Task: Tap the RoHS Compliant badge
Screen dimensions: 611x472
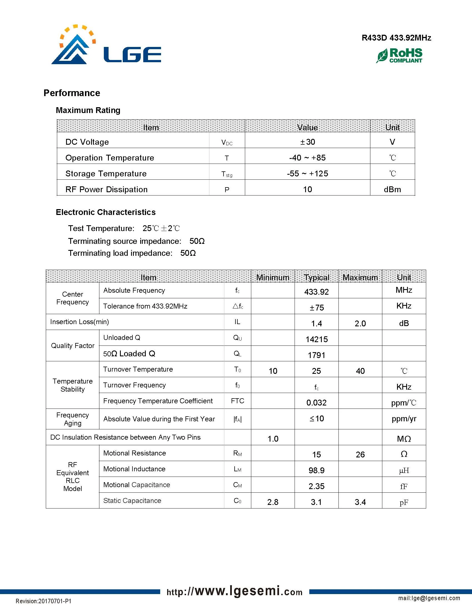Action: pos(399,55)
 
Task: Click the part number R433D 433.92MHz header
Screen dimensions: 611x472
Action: pos(396,38)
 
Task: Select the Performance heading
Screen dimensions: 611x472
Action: pos(72,93)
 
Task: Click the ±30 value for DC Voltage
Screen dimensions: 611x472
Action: pos(308,142)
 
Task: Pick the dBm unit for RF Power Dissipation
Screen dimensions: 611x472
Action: pos(392,189)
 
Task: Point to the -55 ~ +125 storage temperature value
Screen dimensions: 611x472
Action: pos(307,174)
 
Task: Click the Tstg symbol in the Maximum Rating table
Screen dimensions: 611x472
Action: pos(227,174)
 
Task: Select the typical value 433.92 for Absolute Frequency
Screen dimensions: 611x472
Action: pos(316,292)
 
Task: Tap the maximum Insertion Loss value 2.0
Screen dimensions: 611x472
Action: pos(360,323)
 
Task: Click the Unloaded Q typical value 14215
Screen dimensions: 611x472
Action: pos(316,339)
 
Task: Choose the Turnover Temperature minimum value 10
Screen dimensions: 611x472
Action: pos(273,371)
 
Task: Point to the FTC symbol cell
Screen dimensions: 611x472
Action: pos(237,401)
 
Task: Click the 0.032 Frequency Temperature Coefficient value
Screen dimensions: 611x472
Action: pos(316,403)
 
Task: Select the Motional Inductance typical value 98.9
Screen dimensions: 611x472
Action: pos(316,470)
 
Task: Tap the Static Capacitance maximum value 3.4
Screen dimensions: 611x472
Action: pos(360,502)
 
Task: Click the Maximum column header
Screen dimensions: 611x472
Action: pos(360,277)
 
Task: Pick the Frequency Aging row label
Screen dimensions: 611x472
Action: pos(72,419)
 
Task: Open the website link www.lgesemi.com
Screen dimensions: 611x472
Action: pos(234,591)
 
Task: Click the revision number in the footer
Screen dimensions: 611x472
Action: pos(43,601)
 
